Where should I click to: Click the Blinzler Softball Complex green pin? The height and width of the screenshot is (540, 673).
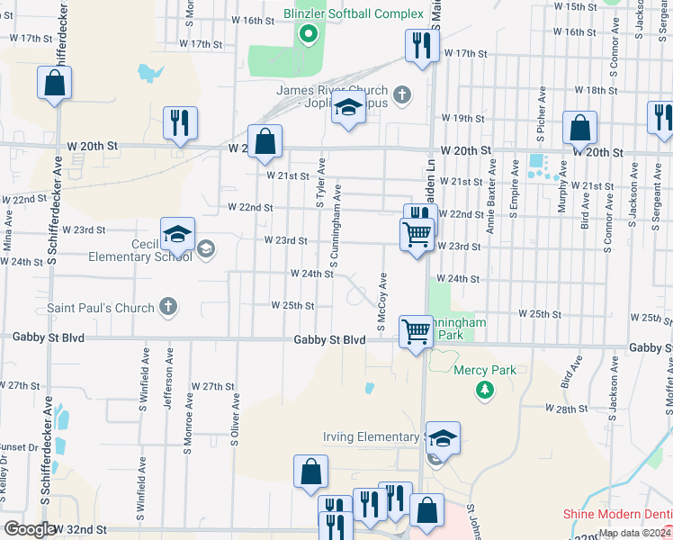309,35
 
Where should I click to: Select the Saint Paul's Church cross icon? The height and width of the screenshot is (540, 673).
166,308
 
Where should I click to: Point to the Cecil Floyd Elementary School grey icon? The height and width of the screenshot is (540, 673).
206,247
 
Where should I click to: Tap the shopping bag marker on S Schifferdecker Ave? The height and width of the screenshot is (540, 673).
55,84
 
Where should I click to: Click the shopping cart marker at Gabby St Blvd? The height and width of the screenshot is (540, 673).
416,331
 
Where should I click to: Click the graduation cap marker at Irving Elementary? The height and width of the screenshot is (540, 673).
443,439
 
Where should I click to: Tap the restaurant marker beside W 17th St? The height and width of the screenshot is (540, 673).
419,45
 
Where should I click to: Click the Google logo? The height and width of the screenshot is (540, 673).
29,529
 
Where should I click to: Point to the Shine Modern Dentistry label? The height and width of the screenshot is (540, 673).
618,514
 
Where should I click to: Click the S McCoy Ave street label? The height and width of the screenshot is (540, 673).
381,301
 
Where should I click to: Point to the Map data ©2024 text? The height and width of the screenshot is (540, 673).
633,533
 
